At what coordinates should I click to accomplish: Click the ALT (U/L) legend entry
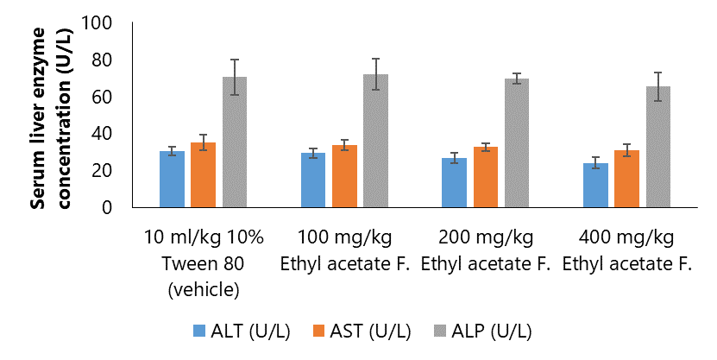click(x=234, y=331)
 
